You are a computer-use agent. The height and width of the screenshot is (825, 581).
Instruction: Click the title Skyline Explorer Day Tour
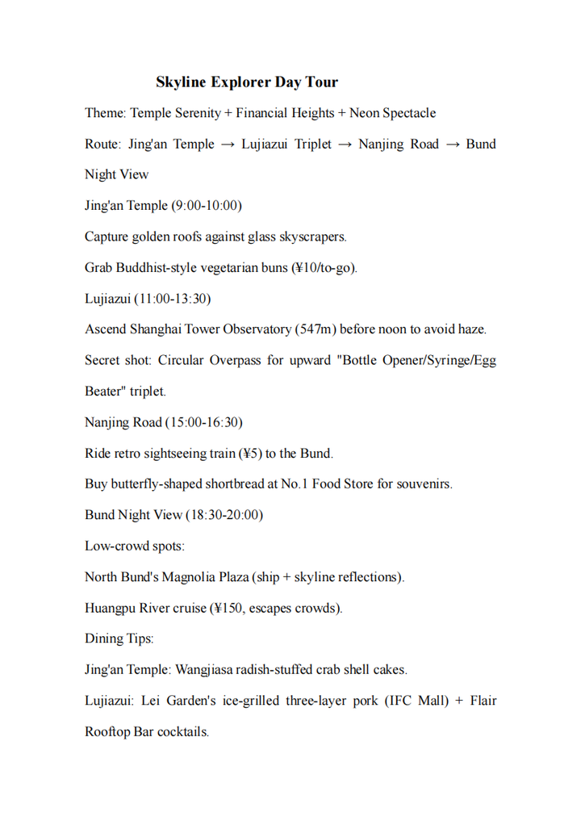click(x=247, y=82)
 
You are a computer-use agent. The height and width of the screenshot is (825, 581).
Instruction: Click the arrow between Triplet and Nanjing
click(x=345, y=144)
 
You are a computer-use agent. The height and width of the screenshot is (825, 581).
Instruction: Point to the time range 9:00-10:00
click(x=206, y=206)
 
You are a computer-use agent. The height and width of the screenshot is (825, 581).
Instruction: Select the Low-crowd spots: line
click(x=135, y=546)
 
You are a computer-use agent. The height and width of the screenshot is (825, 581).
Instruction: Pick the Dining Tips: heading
click(x=119, y=639)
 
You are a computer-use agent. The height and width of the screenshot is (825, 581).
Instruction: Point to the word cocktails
click(x=182, y=732)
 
